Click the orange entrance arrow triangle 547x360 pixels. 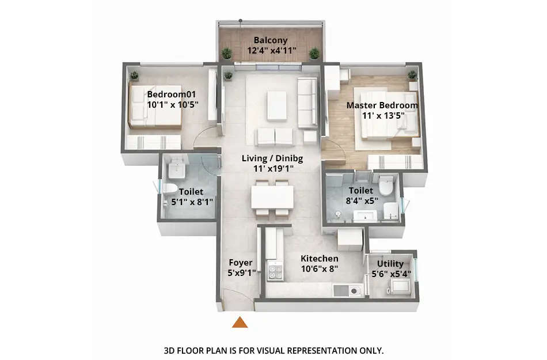(240, 322)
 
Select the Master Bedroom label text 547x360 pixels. (382, 105)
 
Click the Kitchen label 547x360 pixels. (320, 259)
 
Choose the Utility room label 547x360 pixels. (390, 264)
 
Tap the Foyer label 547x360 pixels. (241, 263)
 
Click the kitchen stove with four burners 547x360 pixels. (275, 270)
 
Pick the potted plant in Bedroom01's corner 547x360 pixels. (134, 75)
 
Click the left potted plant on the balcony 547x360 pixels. (227, 53)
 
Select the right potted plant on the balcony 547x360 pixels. (314, 53)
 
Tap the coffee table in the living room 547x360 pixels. (276, 105)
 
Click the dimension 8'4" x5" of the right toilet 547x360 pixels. (361, 200)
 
